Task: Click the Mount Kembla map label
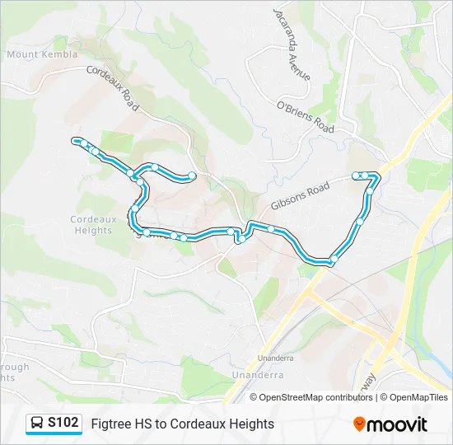[42, 54]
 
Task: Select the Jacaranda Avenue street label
[293, 44]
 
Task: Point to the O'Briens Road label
[305, 117]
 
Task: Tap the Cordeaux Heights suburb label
[91, 225]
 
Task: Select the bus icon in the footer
[37, 424]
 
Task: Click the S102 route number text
[63, 424]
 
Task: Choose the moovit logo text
[398, 424]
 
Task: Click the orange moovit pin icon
[359, 424]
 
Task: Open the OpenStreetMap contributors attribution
[316, 397]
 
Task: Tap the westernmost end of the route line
[75, 140]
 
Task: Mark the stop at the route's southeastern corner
[333, 260]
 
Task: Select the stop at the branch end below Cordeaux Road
[192, 175]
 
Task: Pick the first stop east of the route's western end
[85, 144]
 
